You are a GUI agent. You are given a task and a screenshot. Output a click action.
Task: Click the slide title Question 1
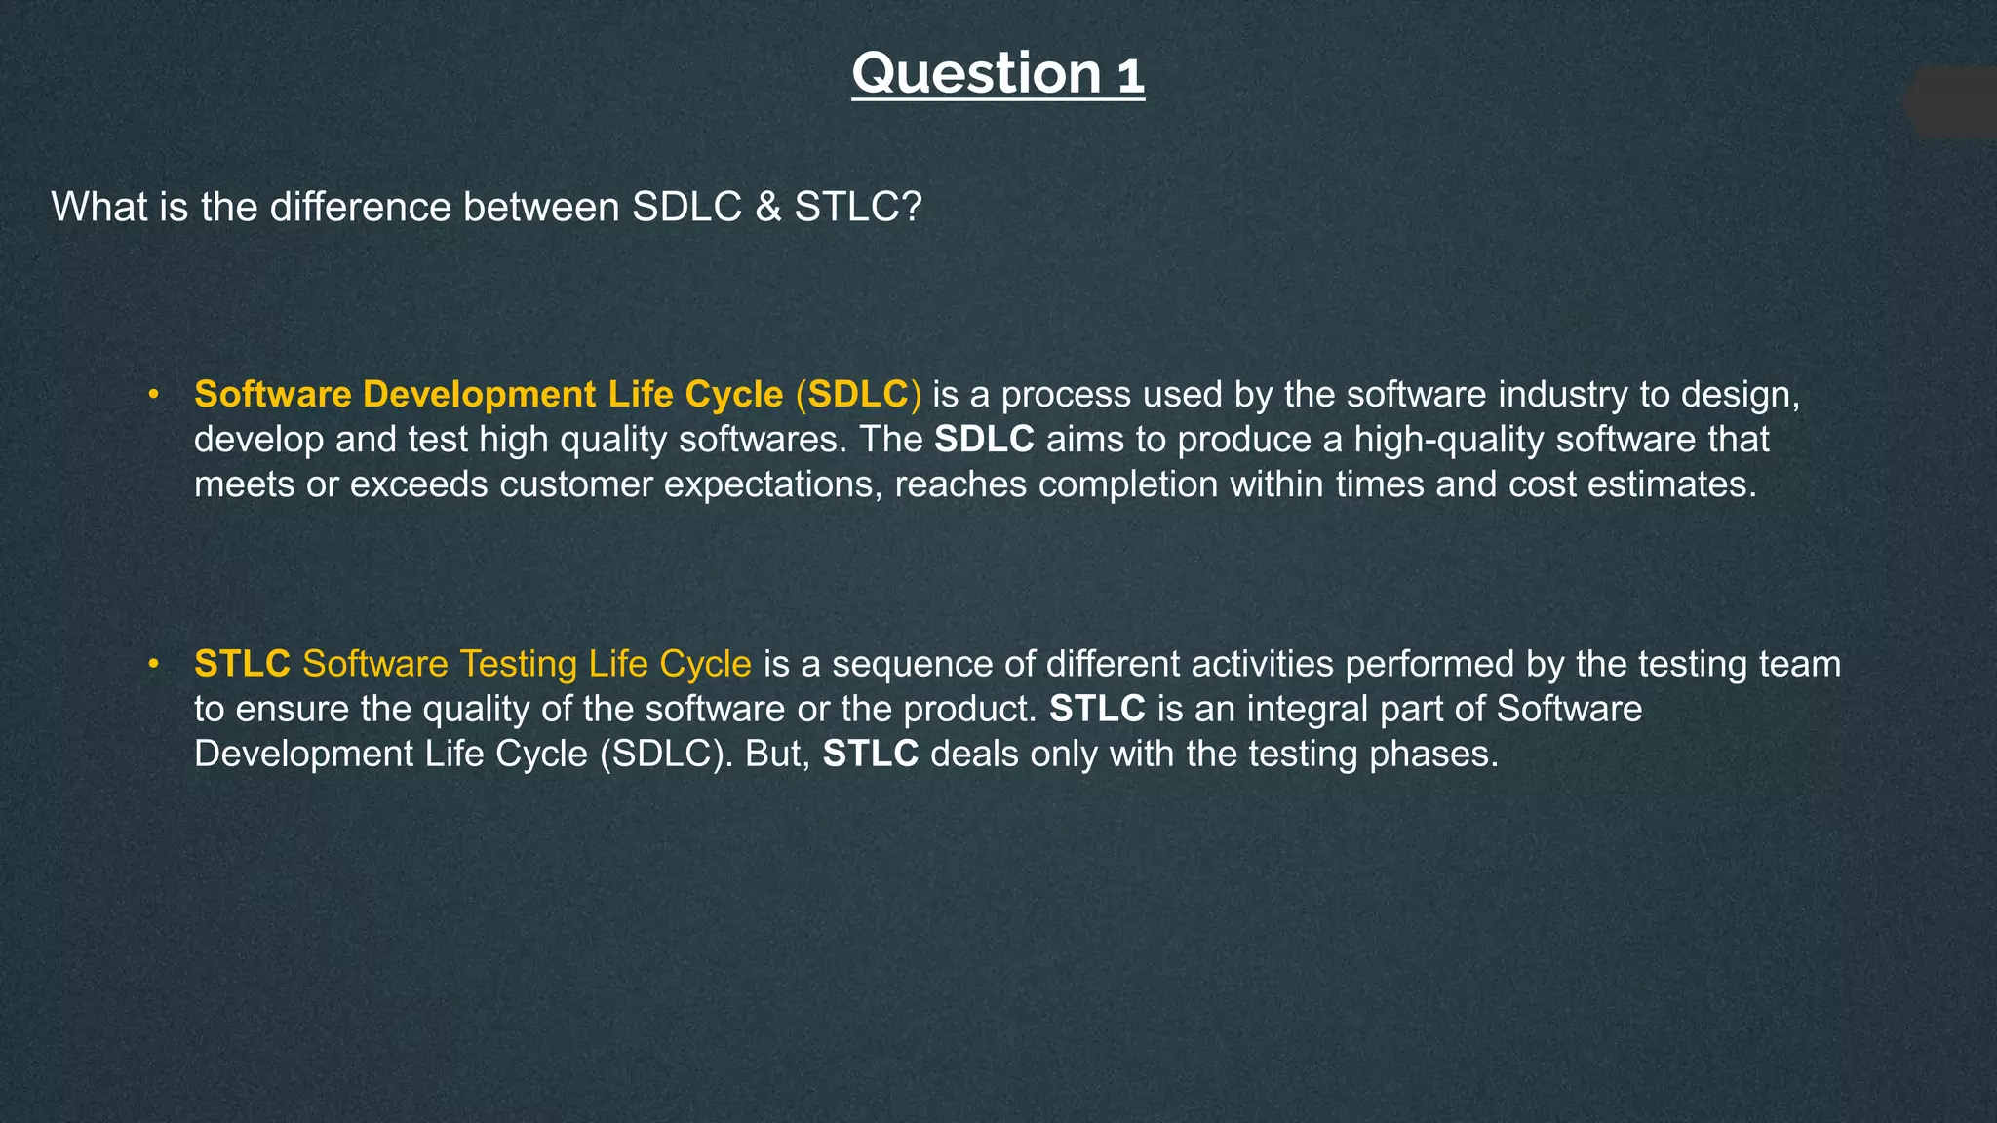pyautogui.click(x=998, y=73)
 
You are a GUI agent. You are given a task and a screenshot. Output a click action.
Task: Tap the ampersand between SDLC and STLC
pyautogui.click(x=767, y=207)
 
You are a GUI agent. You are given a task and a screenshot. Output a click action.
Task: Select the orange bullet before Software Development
pyautogui.click(x=153, y=395)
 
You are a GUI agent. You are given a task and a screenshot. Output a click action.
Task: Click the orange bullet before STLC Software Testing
pyautogui.click(x=153, y=664)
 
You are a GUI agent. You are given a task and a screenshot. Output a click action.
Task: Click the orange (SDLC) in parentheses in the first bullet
pyautogui.click(x=858, y=395)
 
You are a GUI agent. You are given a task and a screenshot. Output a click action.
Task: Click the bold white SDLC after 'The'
pyautogui.click(x=984, y=440)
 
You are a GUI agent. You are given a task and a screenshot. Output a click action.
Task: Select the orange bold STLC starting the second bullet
pyautogui.click(x=242, y=664)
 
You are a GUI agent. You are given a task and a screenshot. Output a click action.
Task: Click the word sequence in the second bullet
pyautogui.click(x=912, y=664)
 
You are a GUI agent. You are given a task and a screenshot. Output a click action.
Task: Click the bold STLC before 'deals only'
pyautogui.click(x=871, y=754)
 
